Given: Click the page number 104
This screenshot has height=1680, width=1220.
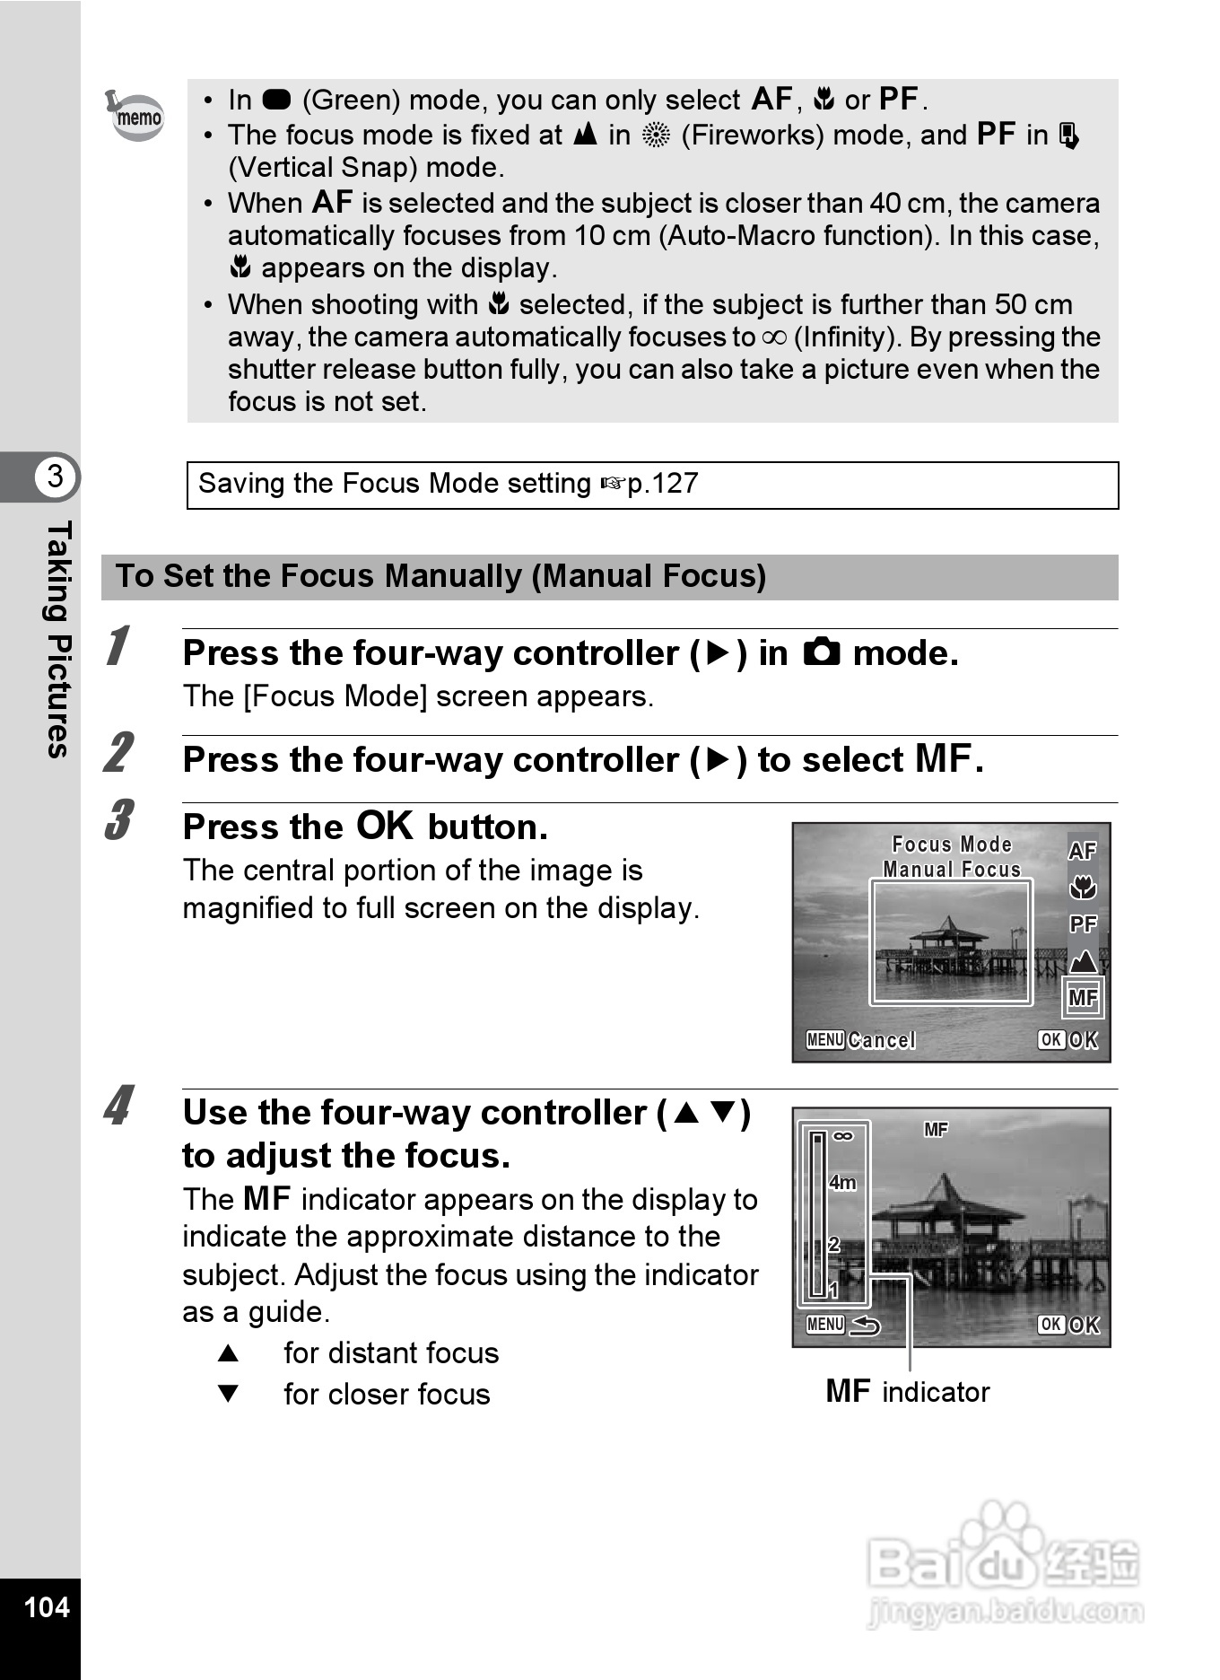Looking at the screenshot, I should (47, 1606).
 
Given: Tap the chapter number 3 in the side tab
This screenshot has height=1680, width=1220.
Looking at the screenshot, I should (56, 476).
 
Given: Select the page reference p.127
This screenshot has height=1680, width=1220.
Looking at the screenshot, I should (662, 484).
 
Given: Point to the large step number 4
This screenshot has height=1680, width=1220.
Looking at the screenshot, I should (118, 1106).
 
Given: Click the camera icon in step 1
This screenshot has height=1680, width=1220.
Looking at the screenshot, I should (822, 652).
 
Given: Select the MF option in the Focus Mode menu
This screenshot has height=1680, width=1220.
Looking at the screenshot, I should (1083, 998).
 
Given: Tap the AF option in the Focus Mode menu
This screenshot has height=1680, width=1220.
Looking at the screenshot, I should (1083, 850).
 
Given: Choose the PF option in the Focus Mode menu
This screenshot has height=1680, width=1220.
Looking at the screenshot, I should (1083, 924).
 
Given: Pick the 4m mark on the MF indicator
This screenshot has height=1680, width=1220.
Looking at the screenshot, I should (842, 1183).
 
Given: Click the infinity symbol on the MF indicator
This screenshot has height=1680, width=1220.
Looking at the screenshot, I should (842, 1136).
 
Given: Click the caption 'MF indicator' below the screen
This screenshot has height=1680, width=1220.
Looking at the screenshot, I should (907, 1392).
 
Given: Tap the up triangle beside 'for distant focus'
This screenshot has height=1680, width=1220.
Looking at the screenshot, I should (229, 1353).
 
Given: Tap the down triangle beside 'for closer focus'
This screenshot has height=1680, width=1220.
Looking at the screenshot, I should (229, 1394).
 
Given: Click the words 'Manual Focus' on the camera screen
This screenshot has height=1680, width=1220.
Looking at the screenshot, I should (952, 870).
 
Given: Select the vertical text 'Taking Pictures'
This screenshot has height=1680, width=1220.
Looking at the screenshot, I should (57, 639).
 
